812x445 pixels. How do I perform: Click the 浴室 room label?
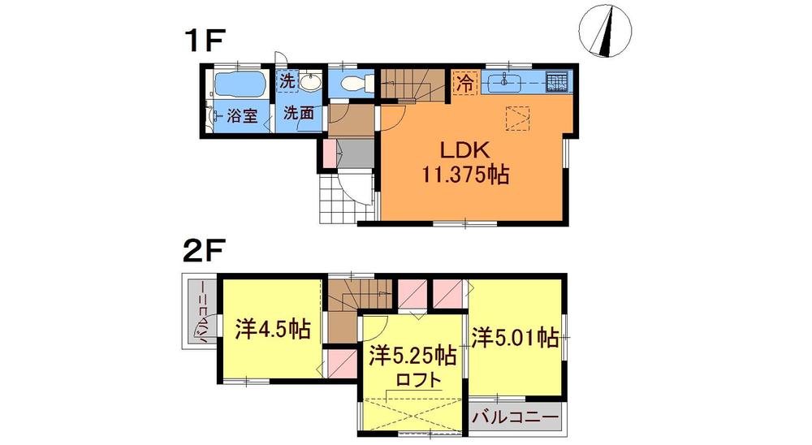click(x=241, y=115)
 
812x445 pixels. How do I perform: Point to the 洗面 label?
click(x=298, y=114)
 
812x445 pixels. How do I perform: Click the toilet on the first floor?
click(x=356, y=83)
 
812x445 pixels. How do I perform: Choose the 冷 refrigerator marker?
click(x=464, y=82)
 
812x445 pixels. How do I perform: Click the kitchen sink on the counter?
click(x=505, y=81)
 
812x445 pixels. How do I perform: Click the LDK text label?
click(x=464, y=151)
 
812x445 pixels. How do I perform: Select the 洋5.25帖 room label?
click(x=412, y=356)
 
